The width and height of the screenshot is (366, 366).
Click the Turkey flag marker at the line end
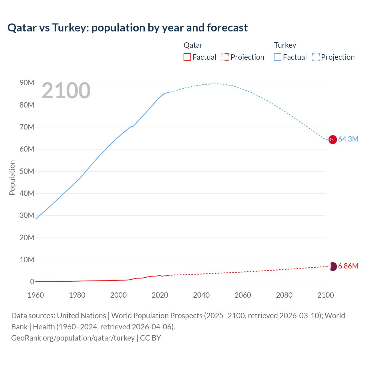332,140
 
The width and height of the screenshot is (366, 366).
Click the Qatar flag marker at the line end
333,266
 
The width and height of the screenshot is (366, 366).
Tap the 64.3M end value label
348,139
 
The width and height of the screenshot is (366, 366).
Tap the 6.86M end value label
348,266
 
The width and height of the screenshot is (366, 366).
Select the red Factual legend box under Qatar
187,57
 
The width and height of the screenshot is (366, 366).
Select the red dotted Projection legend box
225,57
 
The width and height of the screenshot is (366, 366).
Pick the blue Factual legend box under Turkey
278,57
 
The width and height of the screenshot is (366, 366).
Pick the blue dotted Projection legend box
316,57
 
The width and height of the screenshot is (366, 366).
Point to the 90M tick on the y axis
27,83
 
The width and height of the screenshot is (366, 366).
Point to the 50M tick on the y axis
27,171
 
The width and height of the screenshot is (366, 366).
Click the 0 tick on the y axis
32,282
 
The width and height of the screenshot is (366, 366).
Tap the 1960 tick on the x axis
36,295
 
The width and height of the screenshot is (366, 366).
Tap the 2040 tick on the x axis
201,295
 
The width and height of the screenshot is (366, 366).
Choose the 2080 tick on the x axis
284,295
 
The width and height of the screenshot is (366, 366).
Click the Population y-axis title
12,178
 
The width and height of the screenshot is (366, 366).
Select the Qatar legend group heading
193,45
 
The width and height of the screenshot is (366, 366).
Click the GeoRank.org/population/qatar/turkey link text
73,338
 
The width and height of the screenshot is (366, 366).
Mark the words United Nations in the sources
81,316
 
